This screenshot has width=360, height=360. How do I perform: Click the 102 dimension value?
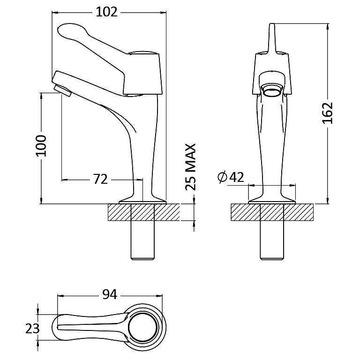pos(106,12)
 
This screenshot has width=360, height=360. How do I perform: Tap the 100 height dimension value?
pos(41,146)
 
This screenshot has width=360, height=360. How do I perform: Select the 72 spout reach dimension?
pos(100,179)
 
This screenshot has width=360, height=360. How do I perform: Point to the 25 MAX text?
pos(191,167)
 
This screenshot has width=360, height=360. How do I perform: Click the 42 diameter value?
pos(237,177)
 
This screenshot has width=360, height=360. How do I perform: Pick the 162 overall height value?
pos(328,113)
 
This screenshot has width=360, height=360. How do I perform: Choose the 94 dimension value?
pos(110,294)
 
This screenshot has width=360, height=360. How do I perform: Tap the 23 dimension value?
pos(32,328)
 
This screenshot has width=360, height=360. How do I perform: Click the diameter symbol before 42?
pos(222,177)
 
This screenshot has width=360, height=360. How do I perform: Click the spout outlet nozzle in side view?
pos(63,90)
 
